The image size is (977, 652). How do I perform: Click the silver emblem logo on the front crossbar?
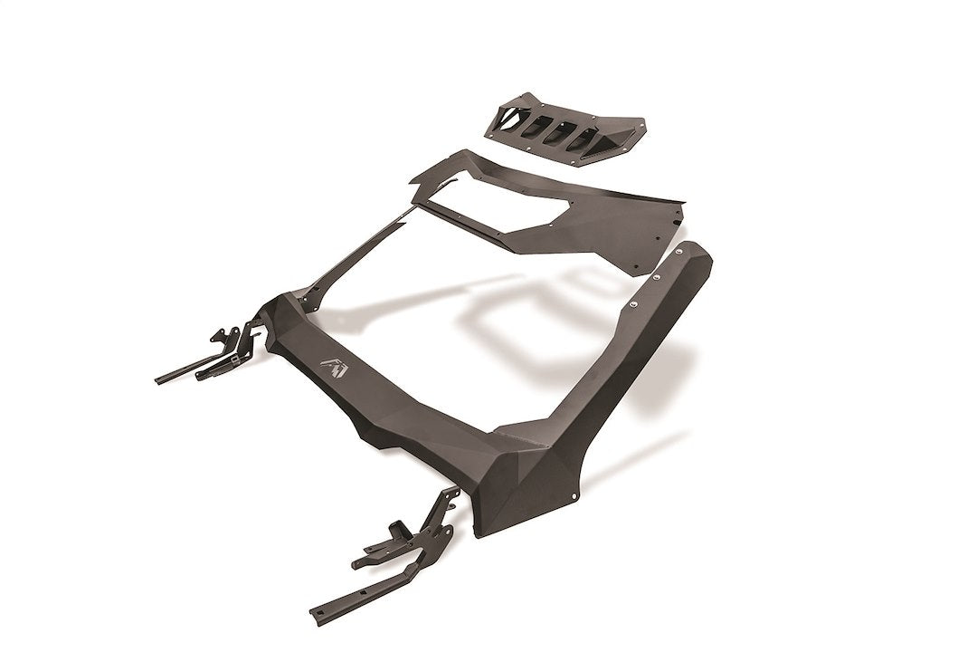point(332,365)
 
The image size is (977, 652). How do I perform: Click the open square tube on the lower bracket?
point(395,528)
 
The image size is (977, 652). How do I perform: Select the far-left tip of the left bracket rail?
point(159,379)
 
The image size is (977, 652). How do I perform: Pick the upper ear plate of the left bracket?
point(220,334)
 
